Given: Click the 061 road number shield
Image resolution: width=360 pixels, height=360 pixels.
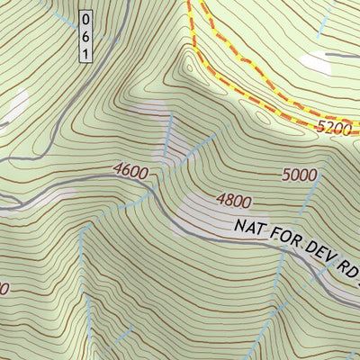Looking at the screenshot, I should (x=85, y=36).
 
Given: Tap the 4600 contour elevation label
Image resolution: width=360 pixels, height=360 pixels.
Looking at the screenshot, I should (x=130, y=169).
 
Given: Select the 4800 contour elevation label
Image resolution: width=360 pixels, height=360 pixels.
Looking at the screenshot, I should (x=233, y=201).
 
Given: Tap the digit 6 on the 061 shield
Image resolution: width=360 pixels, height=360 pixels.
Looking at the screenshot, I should (x=85, y=36).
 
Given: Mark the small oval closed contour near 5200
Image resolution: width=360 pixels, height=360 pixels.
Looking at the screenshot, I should (x=262, y=115).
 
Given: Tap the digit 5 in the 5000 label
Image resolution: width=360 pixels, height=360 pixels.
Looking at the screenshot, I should (x=287, y=173).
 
